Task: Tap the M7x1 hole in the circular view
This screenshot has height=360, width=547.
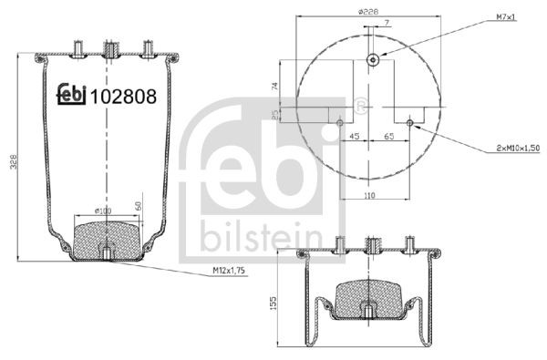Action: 373,60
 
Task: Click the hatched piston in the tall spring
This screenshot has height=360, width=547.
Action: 108,236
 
